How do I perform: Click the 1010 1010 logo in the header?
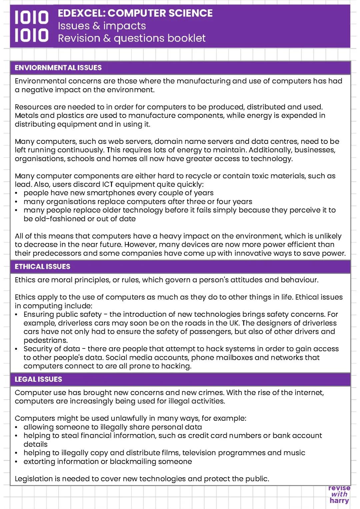click(31, 26)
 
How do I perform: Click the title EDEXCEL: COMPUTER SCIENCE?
click(135, 13)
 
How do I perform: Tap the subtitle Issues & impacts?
click(102, 26)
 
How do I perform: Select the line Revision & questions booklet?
click(132, 38)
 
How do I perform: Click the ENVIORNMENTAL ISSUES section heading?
click(58, 68)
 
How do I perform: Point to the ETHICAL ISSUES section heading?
click(42, 266)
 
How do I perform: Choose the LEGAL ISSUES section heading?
click(38, 379)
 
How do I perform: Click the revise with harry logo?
click(339, 494)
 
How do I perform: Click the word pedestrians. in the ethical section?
click(46, 340)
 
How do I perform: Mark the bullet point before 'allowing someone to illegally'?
click(17, 427)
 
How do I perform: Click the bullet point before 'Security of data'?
click(17, 349)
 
